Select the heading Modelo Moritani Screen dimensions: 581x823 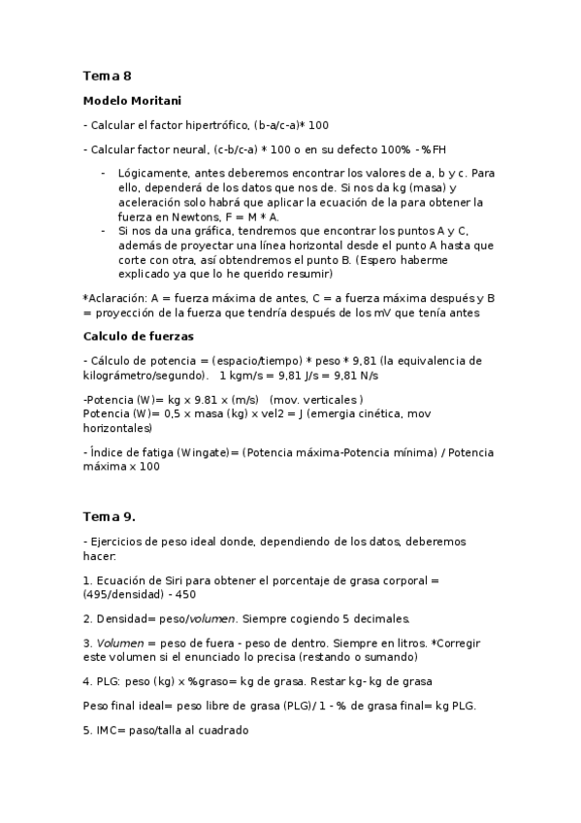coord(132,101)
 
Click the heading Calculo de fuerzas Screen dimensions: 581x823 coord(139,336)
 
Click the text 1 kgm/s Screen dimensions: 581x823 coord(244,375)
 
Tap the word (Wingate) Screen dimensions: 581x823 coord(206,452)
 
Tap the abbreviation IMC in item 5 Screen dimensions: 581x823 coord(108,730)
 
